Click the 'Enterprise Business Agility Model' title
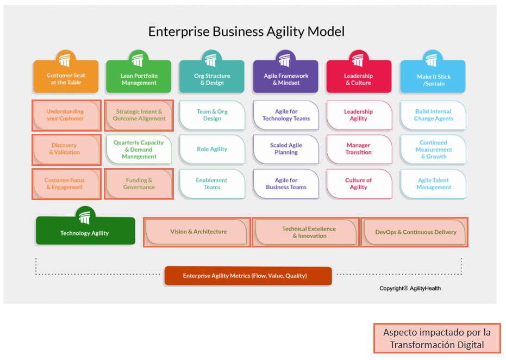point(246,32)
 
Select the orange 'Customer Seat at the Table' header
point(66,79)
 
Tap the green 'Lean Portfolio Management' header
point(139,79)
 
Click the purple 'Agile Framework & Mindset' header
point(286,79)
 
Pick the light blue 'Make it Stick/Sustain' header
point(433,79)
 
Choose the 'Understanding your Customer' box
point(65,115)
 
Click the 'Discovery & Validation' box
point(65,149)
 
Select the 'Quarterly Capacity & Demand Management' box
point(139,150)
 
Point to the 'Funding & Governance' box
point(139,183)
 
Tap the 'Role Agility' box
point(212,149)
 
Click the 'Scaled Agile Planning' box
point(286,149)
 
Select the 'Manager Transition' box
point(359,149)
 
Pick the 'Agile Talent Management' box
point(434,184)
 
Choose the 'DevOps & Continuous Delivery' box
point(415,232)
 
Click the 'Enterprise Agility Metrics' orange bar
point(248,276)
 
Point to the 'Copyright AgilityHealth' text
point(410,288)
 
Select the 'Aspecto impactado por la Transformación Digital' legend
point(437,338)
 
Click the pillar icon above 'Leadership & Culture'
point(358,59)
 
